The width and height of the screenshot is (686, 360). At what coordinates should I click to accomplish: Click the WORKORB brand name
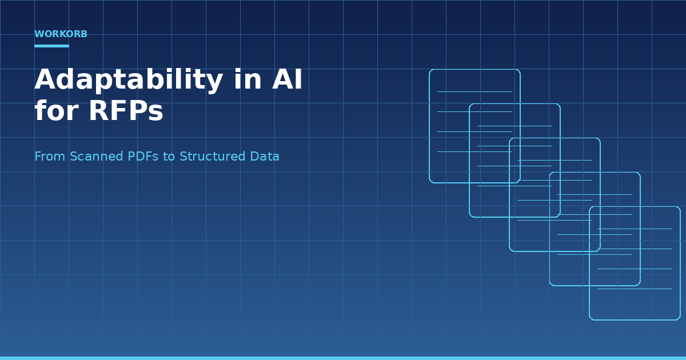[x=61, y=34]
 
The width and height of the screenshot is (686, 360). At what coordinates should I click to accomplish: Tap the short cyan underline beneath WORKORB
[x=51, y=46]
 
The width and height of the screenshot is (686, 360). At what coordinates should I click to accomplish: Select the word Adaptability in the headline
[x=121, y=81]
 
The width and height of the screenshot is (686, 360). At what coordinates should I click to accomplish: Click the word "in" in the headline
[x=244, y=79]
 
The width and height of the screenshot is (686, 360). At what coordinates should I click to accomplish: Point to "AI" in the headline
[x=287, y=79]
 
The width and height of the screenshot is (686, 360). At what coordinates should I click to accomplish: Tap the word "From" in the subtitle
[x=50, y=157]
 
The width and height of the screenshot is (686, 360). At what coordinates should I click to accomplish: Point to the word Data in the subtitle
[x=264, y=157]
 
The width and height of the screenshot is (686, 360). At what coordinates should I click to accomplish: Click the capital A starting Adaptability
[x=45, y=79]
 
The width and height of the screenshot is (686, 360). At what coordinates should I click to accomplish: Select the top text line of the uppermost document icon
[x=474, y=91]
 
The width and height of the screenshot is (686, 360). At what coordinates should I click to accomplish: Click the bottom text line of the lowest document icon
[x=635, y=289]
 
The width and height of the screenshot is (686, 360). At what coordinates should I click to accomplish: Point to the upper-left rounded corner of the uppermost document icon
[x=432, y=71]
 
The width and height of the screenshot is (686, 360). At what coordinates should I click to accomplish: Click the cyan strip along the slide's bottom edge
[x=343, y=358]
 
